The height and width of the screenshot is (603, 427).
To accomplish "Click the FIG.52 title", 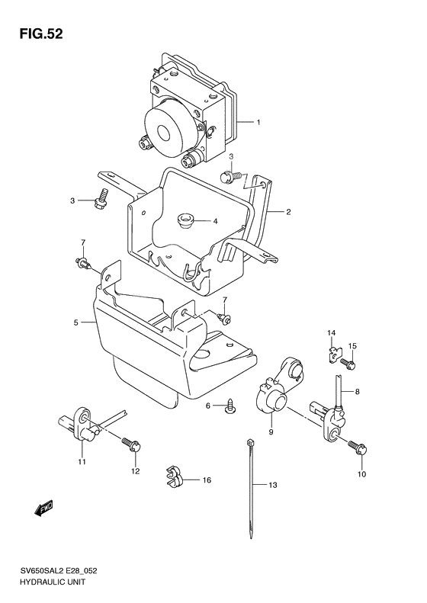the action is [x=41, y=34].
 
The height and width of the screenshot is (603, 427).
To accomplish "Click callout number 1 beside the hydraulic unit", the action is [x=258, y=122].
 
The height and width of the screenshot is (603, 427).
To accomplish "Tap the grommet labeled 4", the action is [x=185, y=222].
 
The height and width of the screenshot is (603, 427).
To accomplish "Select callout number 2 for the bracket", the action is [x=288, y=211].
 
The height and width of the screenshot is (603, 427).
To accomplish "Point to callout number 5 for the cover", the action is [x=75, y=322].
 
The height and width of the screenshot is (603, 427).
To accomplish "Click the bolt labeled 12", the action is [x=131, y=445].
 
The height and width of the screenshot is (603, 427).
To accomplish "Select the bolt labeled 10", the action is [x=358, y=448].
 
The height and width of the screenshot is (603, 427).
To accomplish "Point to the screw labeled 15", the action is [x=348, y=364].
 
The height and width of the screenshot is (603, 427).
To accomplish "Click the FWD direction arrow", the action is [x=43, y=508].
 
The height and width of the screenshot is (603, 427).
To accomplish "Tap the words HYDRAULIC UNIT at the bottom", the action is [x=52, y=582].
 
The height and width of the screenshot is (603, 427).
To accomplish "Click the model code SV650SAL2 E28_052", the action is [x=58, y=571].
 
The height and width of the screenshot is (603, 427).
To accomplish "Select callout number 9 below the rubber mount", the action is [x=271, y=432].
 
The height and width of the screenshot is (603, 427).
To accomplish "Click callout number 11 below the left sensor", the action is [x=82, y=461].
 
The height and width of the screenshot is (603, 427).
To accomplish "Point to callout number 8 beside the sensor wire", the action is [x=358, y=392].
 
